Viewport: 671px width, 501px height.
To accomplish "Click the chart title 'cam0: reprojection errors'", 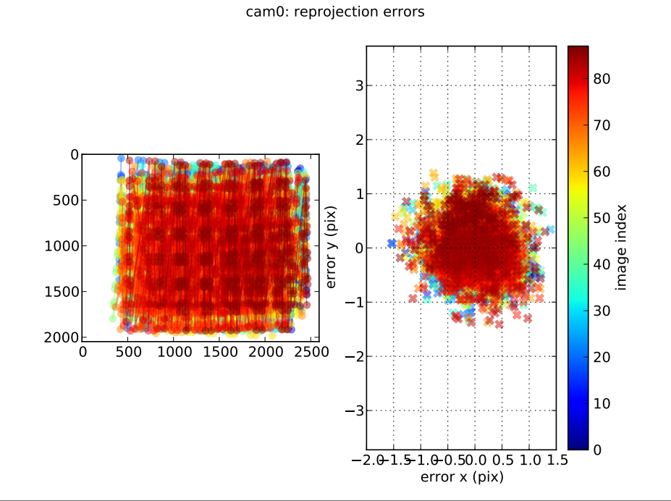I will point(335,12).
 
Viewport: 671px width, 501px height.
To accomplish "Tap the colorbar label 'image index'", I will point(621,247).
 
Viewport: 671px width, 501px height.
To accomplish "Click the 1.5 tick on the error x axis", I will point(555,460).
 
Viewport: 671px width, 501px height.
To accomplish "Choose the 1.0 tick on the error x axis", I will point(531,460).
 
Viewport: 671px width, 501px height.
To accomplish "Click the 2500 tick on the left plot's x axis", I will point(311,352).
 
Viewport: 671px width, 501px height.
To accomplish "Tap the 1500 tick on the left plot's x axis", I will point(219,352).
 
